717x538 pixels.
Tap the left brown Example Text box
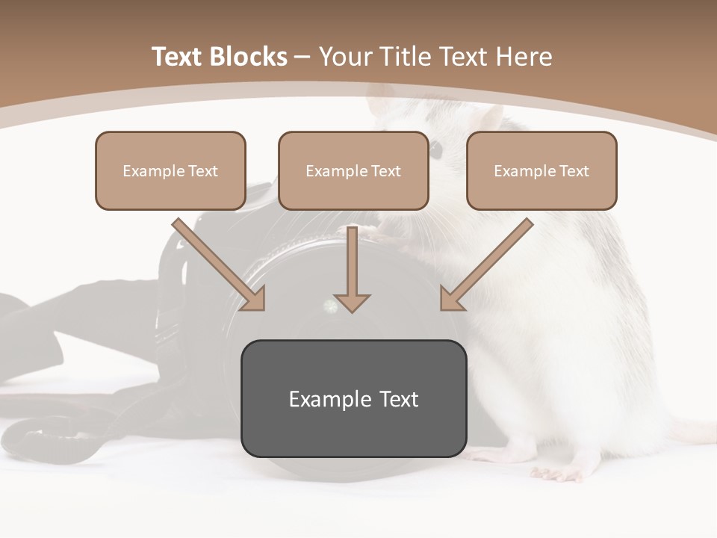coord(170,170)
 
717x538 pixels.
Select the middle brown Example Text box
coord(353,170)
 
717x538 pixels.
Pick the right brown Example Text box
coord(541,170)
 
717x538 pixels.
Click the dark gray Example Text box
coord(353,398)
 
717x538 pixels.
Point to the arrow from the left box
coord(220,265)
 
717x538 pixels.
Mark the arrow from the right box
coord(485,265)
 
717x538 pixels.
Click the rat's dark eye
coord(435,150)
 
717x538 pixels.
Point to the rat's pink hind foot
coord(556,472)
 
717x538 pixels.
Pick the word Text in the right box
coord(574,171)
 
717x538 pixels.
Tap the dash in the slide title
coord(303,58)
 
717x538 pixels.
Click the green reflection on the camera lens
coord(329,306)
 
